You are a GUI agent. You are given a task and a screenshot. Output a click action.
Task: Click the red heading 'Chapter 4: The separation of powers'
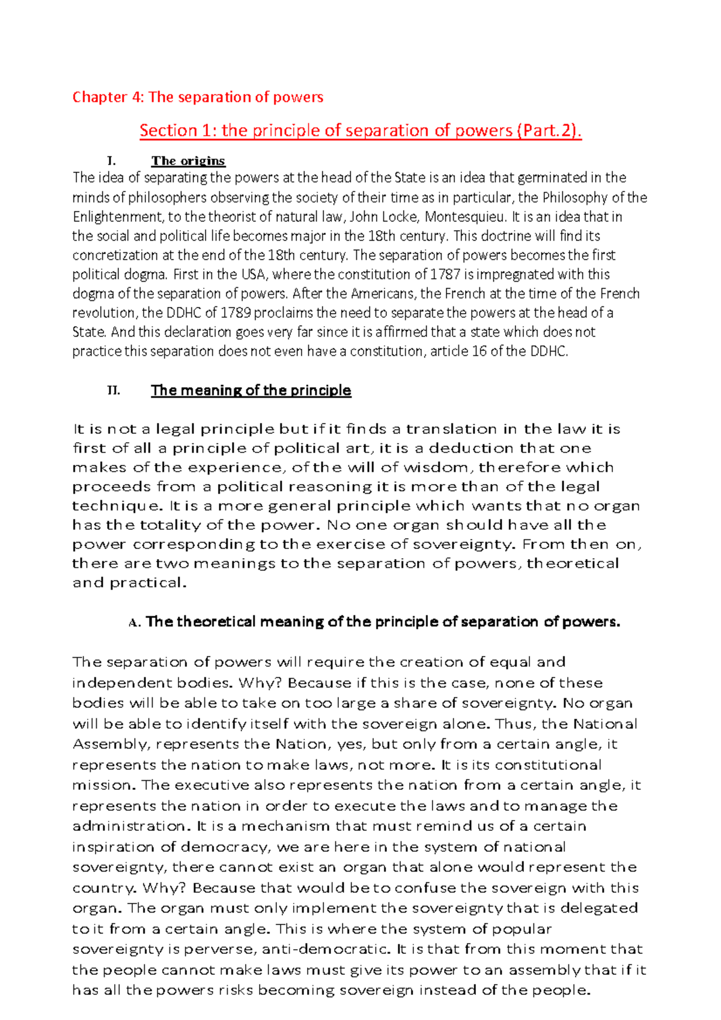click(198, 97)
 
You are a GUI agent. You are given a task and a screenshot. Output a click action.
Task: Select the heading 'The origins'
click(188, 160)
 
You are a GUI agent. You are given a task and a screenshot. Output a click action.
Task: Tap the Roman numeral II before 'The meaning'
click(113, 390)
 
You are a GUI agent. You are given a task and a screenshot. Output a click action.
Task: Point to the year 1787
click(445, 275)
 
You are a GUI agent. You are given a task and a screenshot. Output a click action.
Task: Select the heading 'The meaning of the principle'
click(251, 390)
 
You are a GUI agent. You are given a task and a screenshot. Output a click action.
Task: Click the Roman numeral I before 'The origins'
click(110, 161)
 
